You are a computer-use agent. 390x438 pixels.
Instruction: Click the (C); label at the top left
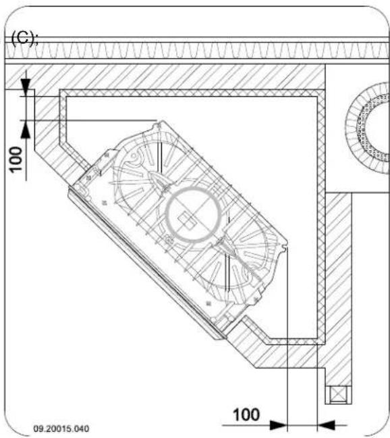tap(24, 39)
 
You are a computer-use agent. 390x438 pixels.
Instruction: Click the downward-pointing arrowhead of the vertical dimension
tap(26, 87)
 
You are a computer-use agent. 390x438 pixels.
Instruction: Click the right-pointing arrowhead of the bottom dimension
tap(277, 424)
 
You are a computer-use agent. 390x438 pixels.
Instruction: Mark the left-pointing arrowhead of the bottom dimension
tap(327, 424)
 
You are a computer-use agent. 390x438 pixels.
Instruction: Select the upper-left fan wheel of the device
tap(148, 172)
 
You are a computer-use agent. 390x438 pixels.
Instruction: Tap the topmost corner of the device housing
tap(159, 122)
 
